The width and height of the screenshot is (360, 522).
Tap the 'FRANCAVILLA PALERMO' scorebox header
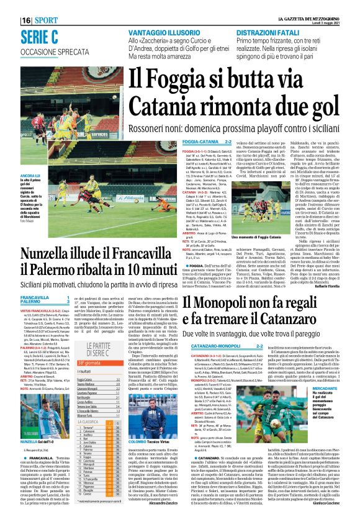pos(35,300)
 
